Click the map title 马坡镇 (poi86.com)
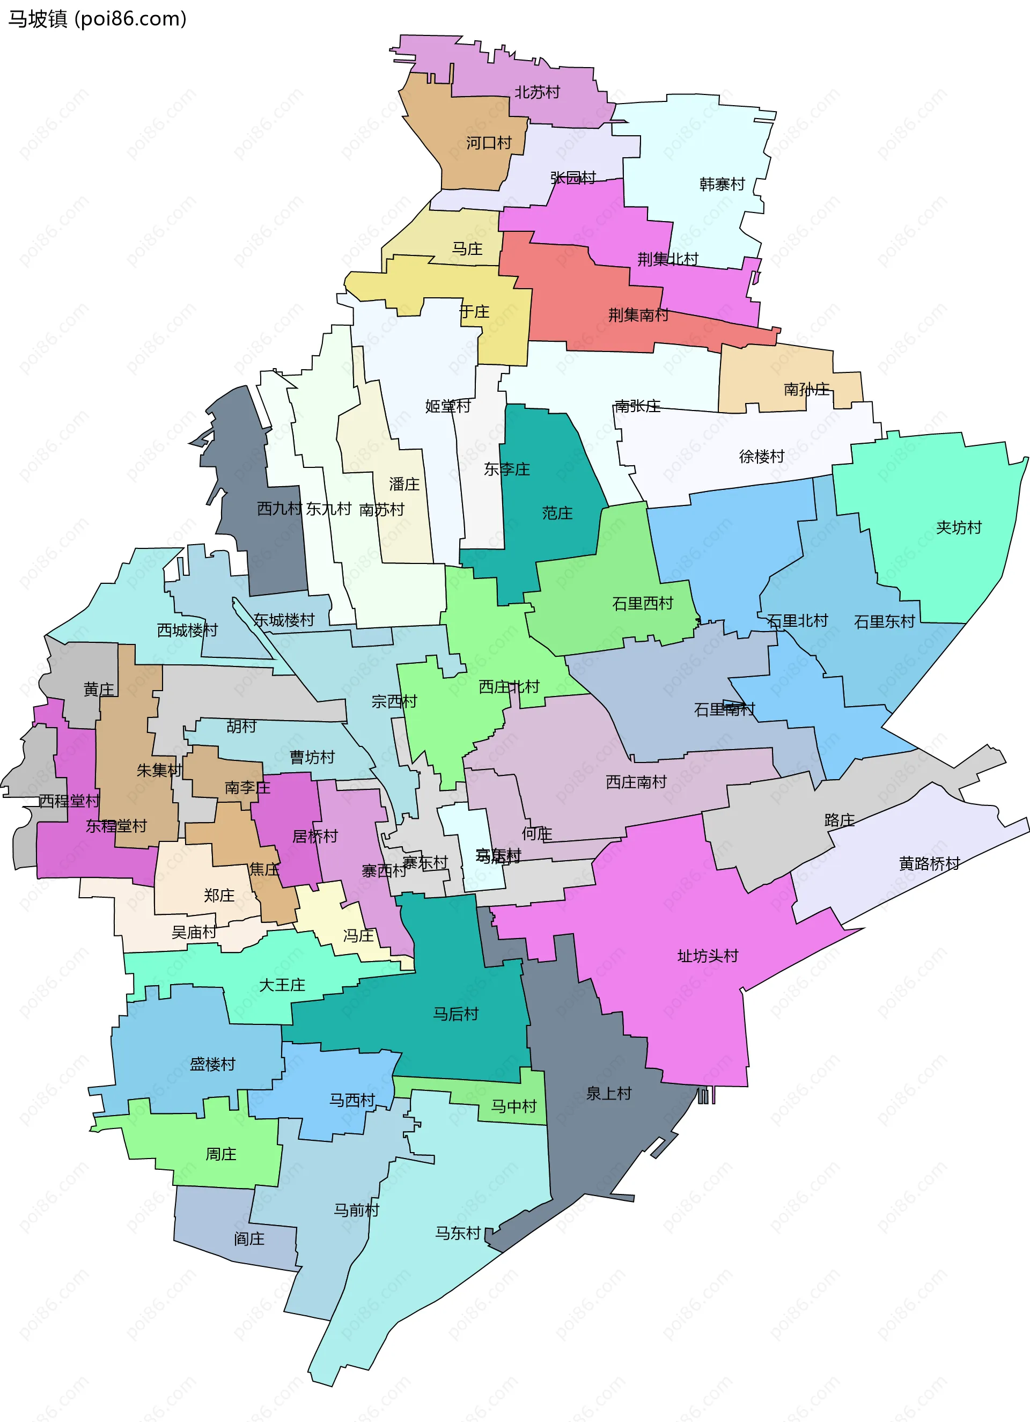coord(97,19)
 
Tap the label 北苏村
coord(536,92)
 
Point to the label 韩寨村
coord(722,185)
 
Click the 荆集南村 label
coord(638,315)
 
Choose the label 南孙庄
coord(806,390)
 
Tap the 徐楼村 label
coord(761,457)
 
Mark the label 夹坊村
coord(958,527)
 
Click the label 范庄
coord(557,514)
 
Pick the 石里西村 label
coord(642,603)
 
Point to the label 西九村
coord(279,509)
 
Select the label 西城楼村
coord(187,630)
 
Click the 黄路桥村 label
coord(929,864)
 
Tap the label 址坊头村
coord(708,956)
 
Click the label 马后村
coord(456,1014)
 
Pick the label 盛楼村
coord(212,1064)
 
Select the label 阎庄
coord(249,1239)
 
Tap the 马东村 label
coord(458,1233)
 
